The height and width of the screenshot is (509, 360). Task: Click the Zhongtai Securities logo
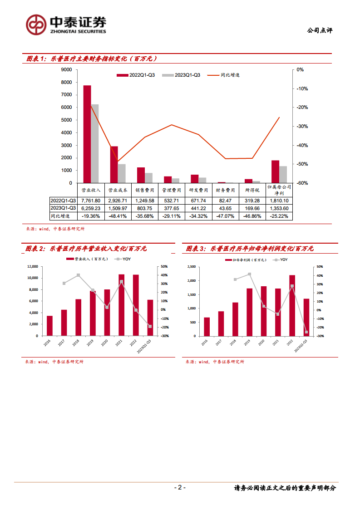tap(66, 24)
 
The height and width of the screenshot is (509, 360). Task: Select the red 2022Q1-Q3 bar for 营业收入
tap(87, 134)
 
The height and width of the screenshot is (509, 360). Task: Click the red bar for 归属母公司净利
tap(275, 171)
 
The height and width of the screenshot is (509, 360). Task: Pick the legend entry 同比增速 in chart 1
tap(230, 75)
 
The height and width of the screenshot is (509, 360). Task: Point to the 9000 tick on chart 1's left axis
tap(66, 70)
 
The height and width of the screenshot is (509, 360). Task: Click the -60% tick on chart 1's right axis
tap(302, 183)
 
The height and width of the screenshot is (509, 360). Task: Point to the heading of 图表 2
tap(86, 249)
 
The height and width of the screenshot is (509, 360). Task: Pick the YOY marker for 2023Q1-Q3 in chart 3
tap(306, 333)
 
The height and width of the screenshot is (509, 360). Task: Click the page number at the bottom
tap(180, 488)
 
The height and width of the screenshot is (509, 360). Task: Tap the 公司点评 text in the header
tap(320, 30)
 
